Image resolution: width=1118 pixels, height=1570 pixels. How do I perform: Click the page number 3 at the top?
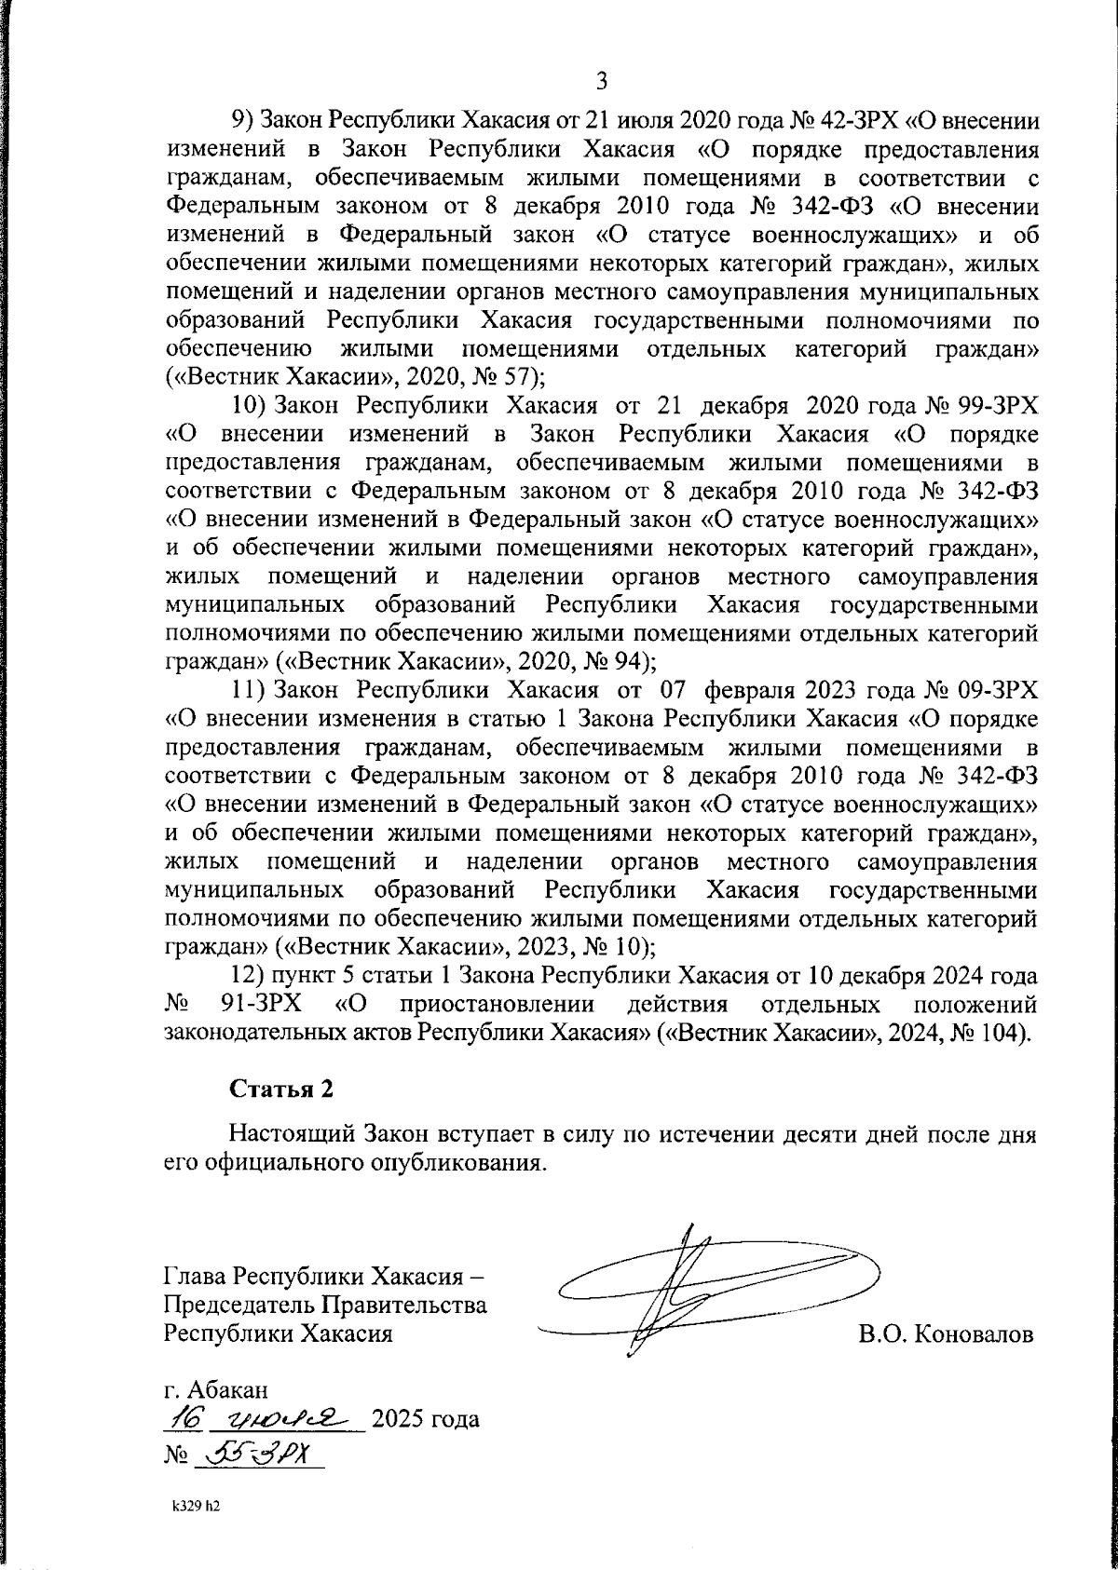point(601,82)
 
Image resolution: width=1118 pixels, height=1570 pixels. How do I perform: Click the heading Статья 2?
point(279,1088)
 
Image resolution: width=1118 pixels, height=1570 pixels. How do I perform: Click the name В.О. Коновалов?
point(946,1335)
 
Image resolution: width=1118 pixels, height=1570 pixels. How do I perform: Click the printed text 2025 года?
point(426,1420)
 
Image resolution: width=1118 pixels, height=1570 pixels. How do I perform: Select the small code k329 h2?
point(196,1506)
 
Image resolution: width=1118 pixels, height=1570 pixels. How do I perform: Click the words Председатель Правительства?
point(325,1305)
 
